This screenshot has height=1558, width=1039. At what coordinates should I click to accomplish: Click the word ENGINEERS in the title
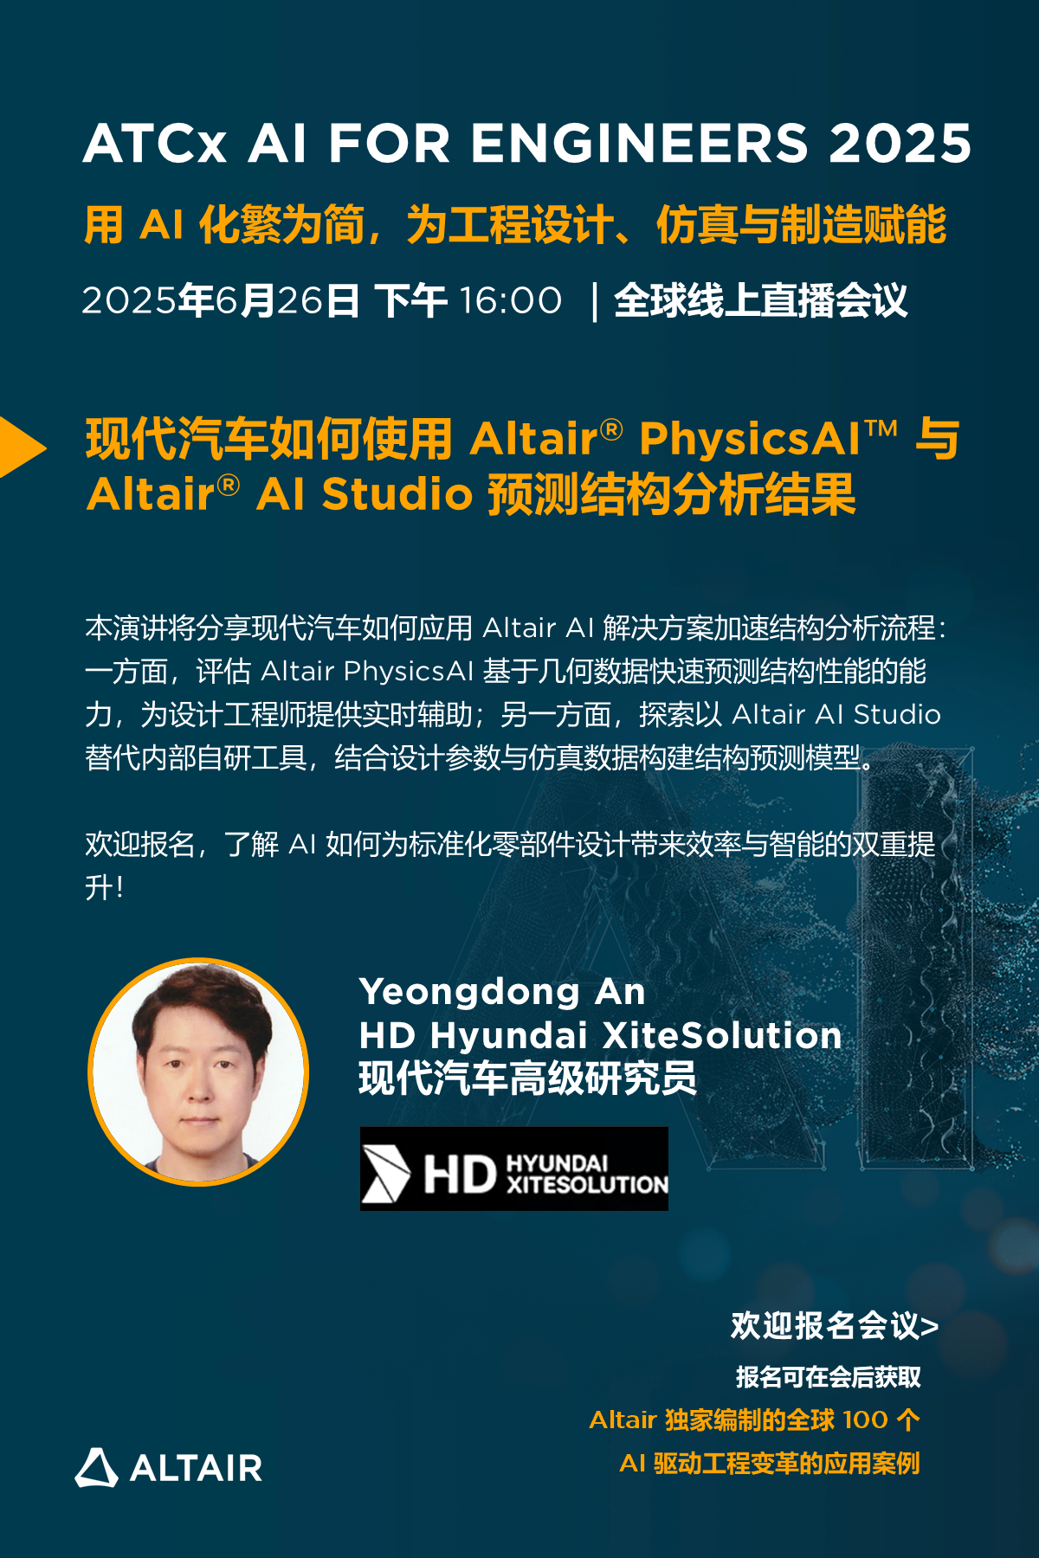point(639,143)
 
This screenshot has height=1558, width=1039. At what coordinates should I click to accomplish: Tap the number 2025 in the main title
point(900,143)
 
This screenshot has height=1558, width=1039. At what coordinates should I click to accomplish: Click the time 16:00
point(511,300)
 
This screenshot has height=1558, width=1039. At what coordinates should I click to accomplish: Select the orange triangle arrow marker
point(23,447)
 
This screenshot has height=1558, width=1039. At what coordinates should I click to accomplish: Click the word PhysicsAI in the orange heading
point(750,440)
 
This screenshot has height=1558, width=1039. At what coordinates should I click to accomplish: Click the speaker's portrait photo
point(198,1072)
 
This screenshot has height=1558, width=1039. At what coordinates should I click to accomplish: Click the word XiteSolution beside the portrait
point(721,1035)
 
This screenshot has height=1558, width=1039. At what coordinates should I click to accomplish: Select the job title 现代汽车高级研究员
point(527,1079)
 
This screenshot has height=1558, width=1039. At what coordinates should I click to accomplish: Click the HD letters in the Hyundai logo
point(460,1175)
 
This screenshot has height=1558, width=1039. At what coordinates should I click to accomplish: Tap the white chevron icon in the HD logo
point(385,1174)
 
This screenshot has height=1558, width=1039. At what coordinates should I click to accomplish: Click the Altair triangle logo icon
point(96,1467)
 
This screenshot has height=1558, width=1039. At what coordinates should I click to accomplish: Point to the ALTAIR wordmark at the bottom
point(196,1468)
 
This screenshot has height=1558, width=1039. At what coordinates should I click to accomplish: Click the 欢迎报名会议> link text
point(835,1325)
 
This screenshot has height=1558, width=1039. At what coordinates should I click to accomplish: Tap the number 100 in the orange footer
point(865,1420)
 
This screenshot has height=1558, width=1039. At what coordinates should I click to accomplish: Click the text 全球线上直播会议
point(761,300)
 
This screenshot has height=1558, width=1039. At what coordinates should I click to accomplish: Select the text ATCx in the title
point(155,143)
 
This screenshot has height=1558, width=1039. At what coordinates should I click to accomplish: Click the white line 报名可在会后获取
point(829,1377)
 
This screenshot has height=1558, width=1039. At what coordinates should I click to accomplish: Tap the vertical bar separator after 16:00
point(595,301)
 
